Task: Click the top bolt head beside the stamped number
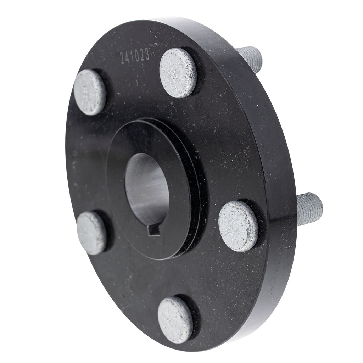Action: [x=178, y=73]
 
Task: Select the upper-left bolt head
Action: [x=90, y=93]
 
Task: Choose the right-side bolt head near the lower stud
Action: [x=238, y=226]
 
